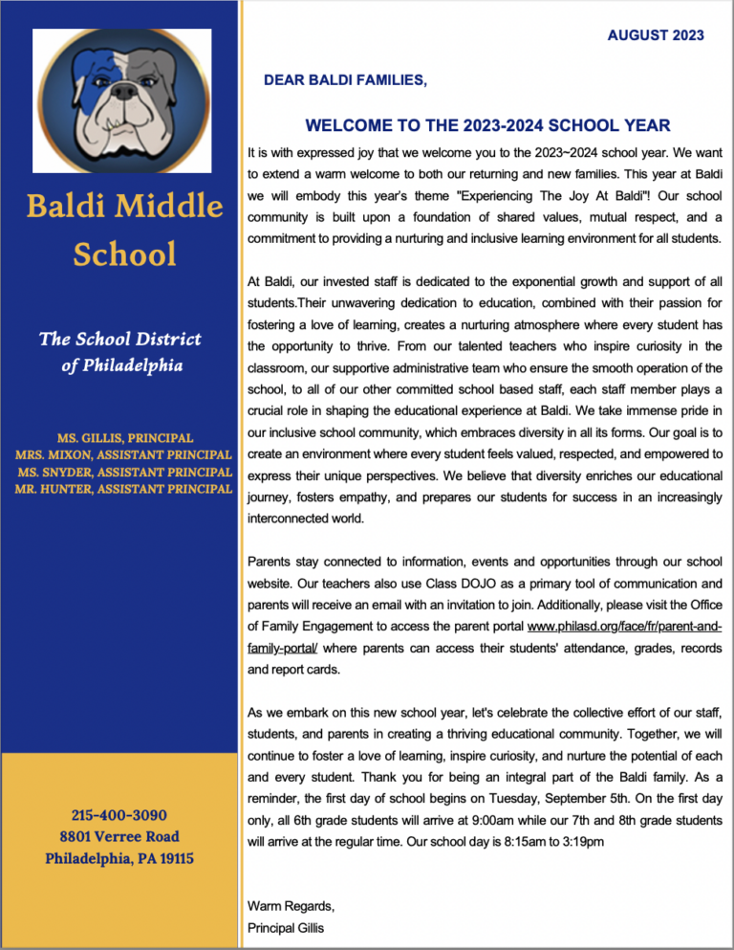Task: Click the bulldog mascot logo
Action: click(x=121, y=93)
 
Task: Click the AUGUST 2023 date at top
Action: click(x=656, y=35)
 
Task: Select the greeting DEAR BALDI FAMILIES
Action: click(x=345, y=81)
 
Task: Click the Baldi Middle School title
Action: click(x=126, y=230)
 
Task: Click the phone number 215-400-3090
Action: click(x=119, y=815)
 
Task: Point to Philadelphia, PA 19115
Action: click(x=119, y=858)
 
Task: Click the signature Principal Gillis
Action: click(x=288, y=927)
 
